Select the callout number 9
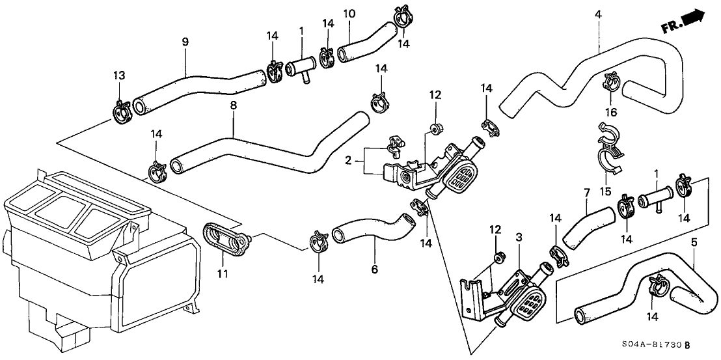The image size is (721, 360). [x=185, y=42]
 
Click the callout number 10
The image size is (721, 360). [x=349, y=14]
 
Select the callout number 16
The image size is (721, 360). [x=611, y=113]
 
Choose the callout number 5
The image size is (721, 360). [x=694, y=242]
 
